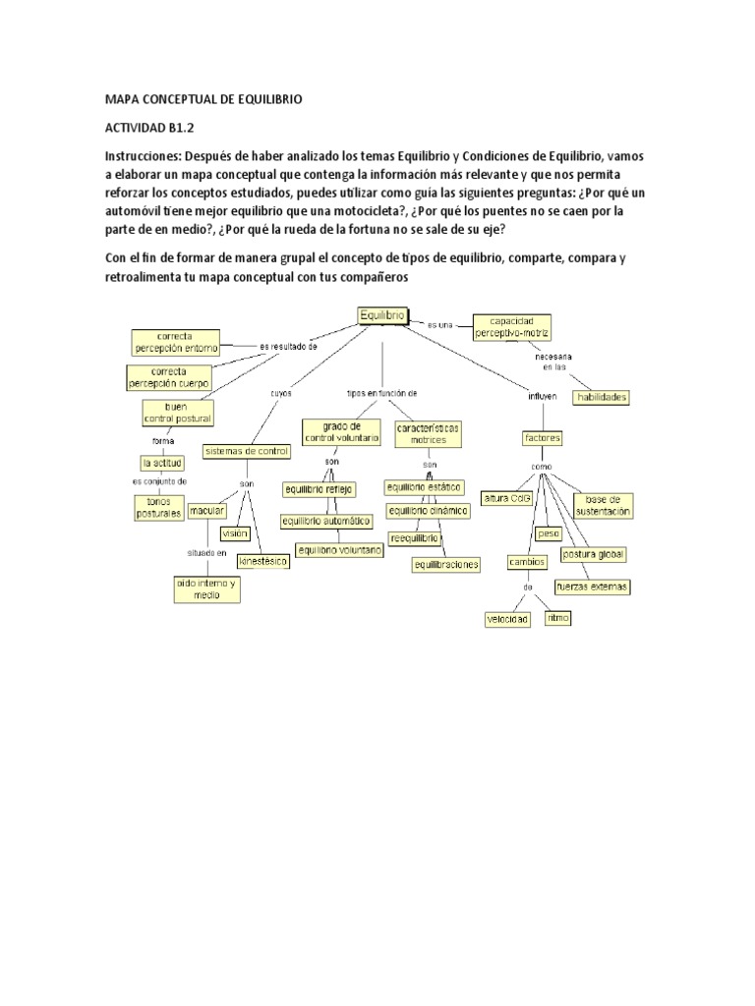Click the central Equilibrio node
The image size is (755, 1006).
pyautogui.click(x=382, y=315)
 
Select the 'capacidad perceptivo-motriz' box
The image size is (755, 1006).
pyautogui.click(x=511, y=327)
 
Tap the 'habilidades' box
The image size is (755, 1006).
pyautogui.click(x=602, y=397)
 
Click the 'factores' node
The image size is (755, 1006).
pyautogui.click(x=543, y=437)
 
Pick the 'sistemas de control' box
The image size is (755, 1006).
pyautogui.click(x=246, y=451)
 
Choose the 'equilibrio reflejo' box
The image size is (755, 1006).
pyautogui.click(x=319, y=488)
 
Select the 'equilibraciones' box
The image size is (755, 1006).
pyautogui.click(x=446, y=564)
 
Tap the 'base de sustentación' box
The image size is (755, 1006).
pyautogui.click(x=604, y=505)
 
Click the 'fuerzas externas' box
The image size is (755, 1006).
pyautogui.click(x=592, y=587)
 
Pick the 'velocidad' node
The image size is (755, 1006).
pyautogui.click(x=507, y=620)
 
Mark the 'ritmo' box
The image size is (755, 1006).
pyautogui.click(x=557, y=618)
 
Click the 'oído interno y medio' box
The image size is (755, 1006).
pyautogui.click(x=206, y=588)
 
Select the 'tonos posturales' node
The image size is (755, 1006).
pyautogui.click(x=158, y=507)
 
